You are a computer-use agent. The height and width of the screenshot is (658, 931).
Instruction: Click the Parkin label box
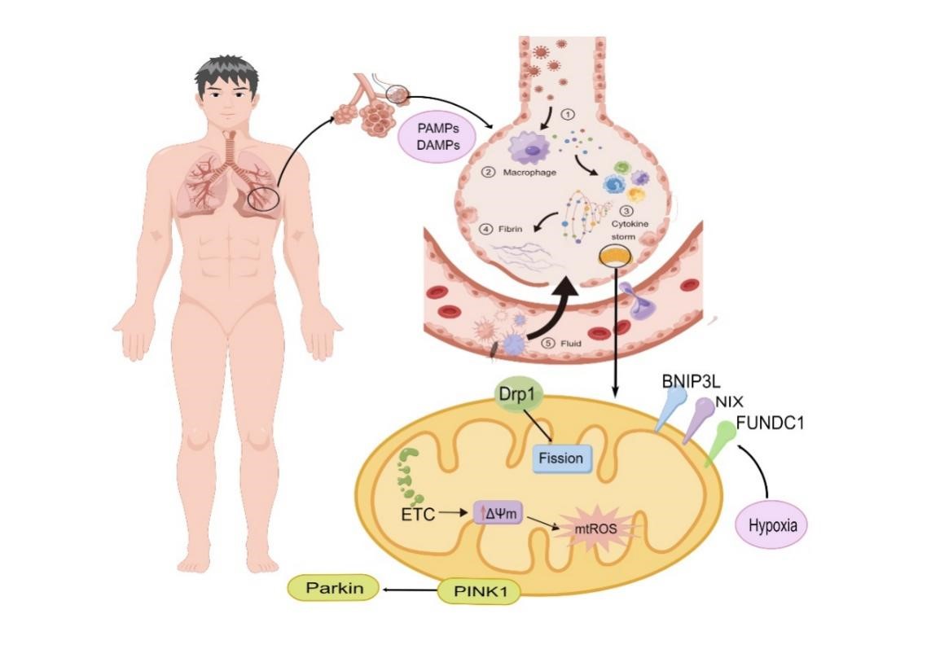click(x=334, y=588)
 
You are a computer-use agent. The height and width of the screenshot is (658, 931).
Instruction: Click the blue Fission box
click(x=560, y=458)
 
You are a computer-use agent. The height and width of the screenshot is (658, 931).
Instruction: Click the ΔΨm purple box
click(x=498, y=513)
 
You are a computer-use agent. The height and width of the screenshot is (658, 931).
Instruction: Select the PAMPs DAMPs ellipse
click(x=437, y=136)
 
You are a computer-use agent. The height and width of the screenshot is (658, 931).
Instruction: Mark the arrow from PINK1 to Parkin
click(x=411, y=590)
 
